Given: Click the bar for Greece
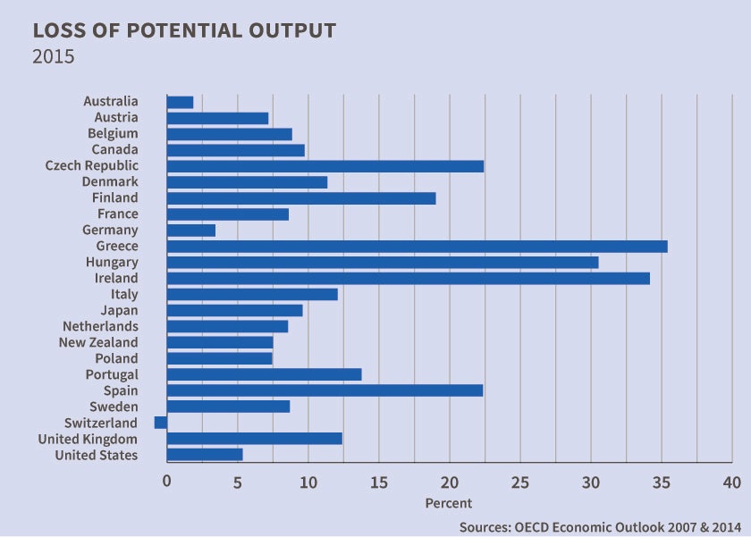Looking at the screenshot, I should pyautogui.click(x=417, y=247).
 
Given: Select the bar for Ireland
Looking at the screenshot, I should pyautogui.click(x=408, y=279).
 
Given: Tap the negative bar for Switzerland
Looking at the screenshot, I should pyautogui.click(x=161, y=423).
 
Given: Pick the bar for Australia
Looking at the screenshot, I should pyautogui.click(x=180, y=102).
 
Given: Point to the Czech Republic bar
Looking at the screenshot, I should pyautogui.click(x=325, y=166).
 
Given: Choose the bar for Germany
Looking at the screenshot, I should pyautogui.click(x=191, y=231).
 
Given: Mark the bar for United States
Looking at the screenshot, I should pyautogui.click(x=205, y=455).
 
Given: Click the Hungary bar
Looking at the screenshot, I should pyautogui.click(x=383, y=263).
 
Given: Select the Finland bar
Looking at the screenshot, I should pyautogui.click(x=301, y=198).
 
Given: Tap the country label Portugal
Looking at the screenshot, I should pyautogui.click(x=112, y=374).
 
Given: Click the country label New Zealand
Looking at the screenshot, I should pyautogui.click(x=98, y=342).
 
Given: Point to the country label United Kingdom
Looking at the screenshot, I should pyautogui.click(x=88, y=439).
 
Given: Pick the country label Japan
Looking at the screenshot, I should pyautogui.click(x=119, y=310).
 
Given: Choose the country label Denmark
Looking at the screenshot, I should pyautogui.click(x=110, y=182).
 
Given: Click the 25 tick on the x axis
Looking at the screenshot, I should pyautogui.click(x=519, y=482).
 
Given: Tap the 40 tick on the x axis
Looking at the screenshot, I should pyautogui.click(x=732, y=482).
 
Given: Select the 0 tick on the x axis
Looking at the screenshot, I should pyautogui.click(x=167, y=482).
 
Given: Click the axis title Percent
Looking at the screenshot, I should pyautogui.click(x=449, y=503).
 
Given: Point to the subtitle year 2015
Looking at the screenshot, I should pyautogui.click(x=53, y=56).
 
